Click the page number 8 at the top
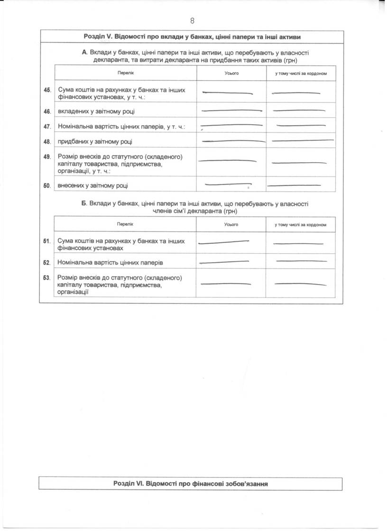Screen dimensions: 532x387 193,20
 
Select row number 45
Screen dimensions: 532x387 47,90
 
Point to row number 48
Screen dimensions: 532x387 47,141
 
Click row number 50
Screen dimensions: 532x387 47,186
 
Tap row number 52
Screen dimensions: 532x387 47,262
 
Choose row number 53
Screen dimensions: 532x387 47,277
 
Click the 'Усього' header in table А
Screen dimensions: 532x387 231,73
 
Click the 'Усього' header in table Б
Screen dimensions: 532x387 231,224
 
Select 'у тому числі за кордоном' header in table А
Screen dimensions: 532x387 301,73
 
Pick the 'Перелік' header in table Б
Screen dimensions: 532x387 126,224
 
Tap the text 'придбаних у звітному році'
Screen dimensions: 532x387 95,141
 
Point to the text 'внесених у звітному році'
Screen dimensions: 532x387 92,186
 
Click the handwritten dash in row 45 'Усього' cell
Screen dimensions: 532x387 227,92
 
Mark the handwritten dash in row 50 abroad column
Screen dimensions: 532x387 294,185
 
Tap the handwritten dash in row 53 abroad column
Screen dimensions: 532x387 300,284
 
